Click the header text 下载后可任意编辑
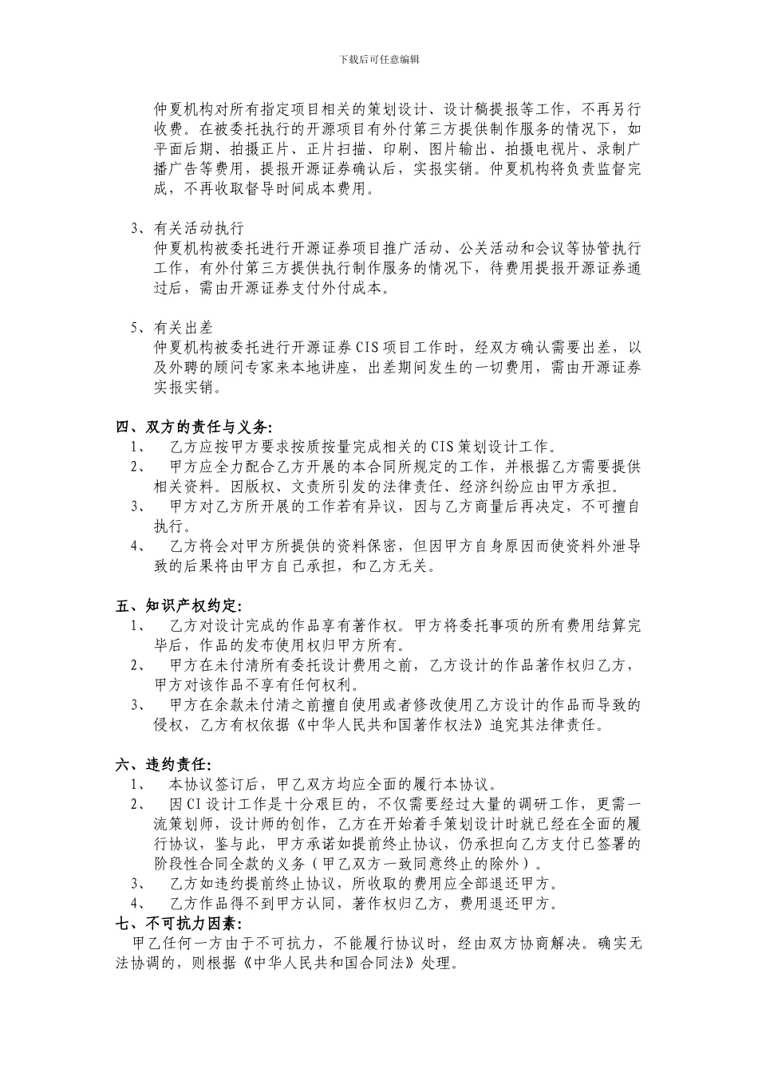pos(379,59)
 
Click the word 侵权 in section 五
pos(169,725)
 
